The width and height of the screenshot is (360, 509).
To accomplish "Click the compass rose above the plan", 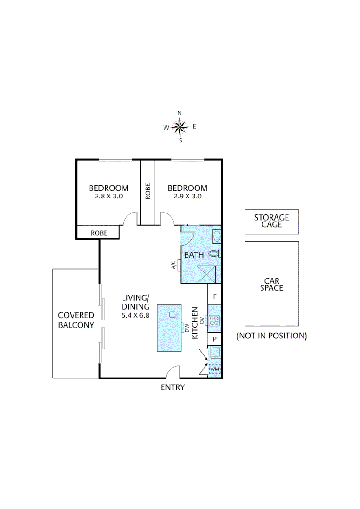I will click(180, 126).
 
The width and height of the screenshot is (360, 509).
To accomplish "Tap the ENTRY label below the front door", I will click(172, 387).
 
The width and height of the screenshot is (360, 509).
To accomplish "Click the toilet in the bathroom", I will click(214, 254).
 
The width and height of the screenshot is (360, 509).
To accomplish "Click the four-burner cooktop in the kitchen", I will click(214, 320).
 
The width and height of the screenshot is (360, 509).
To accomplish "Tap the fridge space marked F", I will click(214, 296).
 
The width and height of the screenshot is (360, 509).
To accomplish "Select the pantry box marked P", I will click(214, 339).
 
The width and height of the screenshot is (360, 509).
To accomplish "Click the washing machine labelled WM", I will click(214, 369).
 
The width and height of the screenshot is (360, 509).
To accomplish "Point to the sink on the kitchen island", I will click(172, 314).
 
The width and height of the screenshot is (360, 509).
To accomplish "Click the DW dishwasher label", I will click(187, 328).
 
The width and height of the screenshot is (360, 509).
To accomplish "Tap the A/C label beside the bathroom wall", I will click(173, 265).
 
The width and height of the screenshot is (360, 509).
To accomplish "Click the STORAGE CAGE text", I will click(271, 221).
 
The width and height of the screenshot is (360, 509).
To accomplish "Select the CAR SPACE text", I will click(271, 284).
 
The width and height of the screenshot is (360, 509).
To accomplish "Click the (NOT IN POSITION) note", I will click(271, 336).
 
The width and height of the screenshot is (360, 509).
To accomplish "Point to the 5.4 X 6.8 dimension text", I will click(135, 315).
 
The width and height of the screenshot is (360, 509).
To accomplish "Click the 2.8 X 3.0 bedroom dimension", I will click(108, 197).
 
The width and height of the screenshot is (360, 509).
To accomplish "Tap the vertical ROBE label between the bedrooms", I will click(147, 191).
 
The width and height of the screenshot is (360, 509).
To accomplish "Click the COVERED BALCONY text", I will click(76, 320).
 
